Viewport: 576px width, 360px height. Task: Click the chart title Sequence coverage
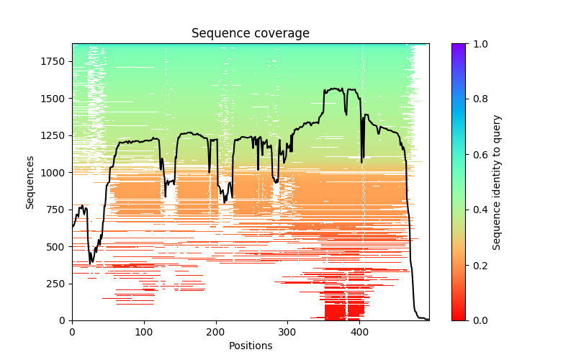point(251,34)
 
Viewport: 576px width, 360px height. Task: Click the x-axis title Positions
point(251,346)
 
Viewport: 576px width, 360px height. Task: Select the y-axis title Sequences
point(30,182)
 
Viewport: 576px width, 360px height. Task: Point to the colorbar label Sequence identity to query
point(497,182)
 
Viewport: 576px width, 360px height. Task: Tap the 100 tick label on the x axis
point(144,332)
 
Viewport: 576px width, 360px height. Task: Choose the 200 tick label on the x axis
point(216,332)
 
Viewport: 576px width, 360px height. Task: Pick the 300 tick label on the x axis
point(288,332)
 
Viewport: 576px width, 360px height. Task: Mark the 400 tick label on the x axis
point(360,332)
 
